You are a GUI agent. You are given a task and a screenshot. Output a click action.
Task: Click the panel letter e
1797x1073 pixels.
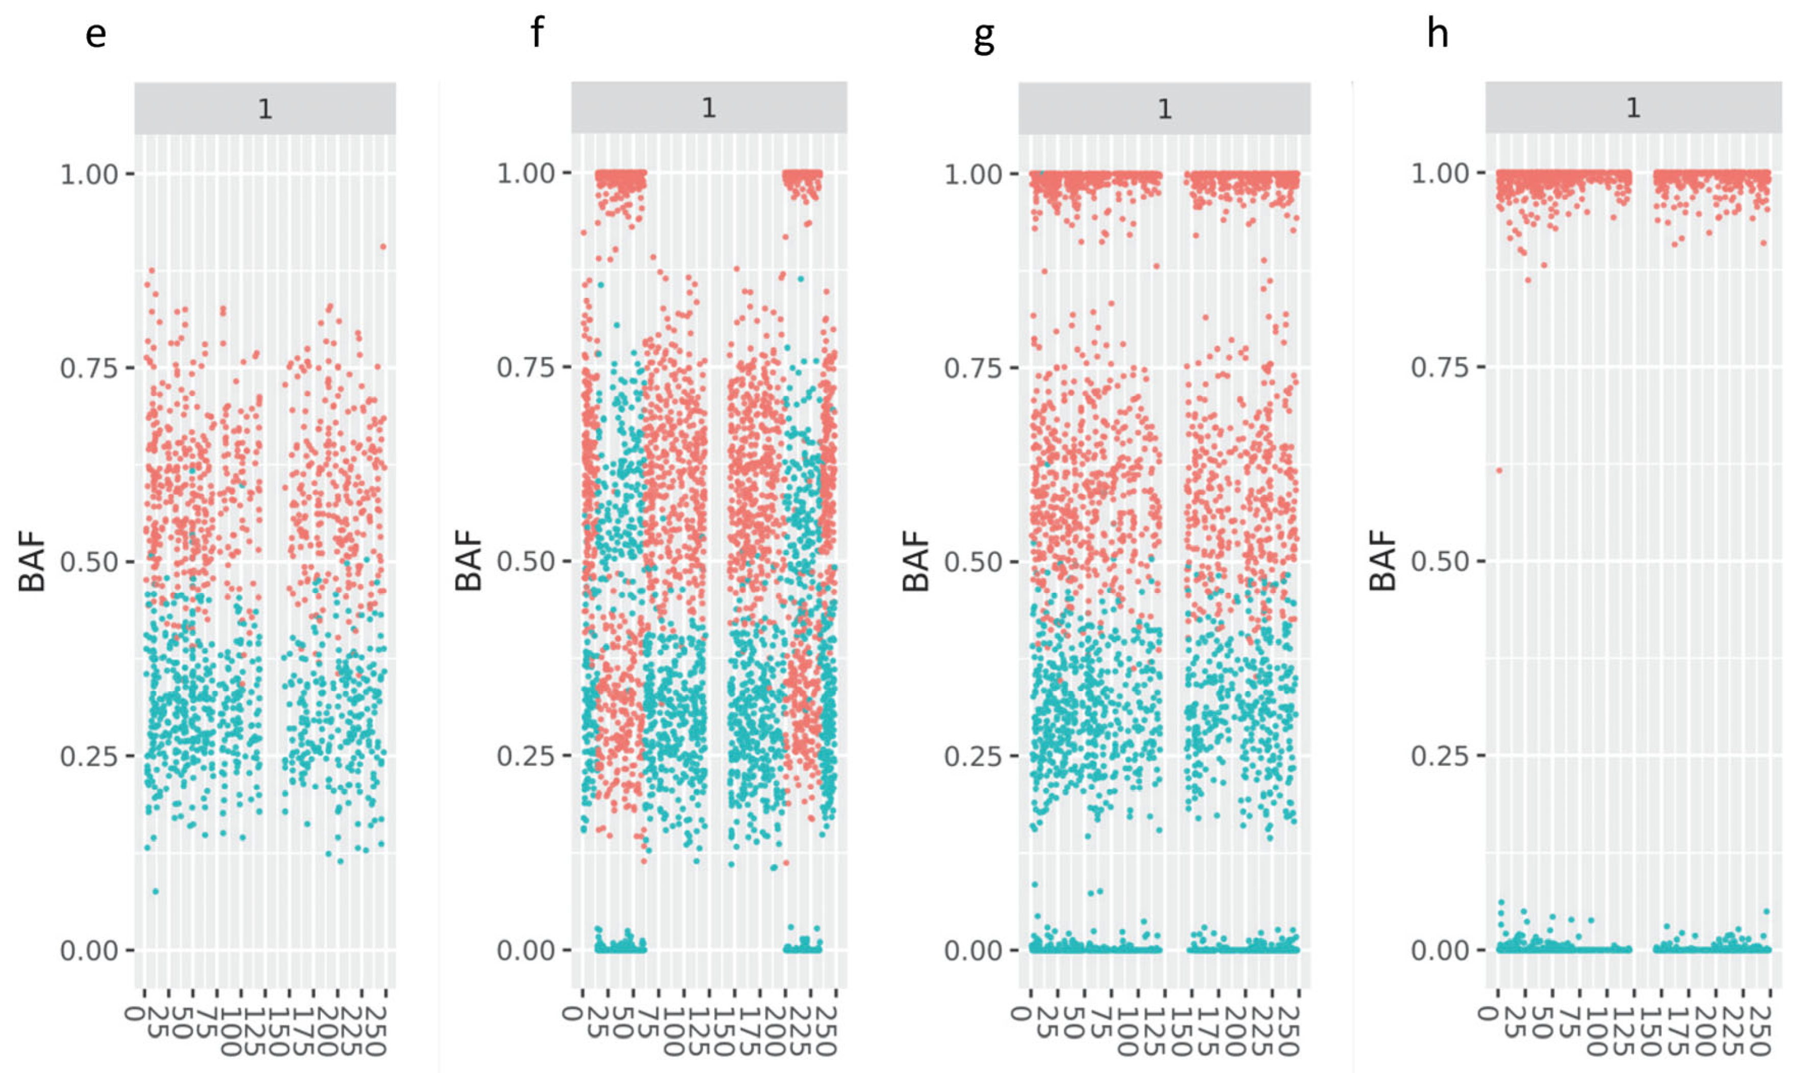coord(95,34)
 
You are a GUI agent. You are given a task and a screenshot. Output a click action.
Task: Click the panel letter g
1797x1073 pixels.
coord(984,36)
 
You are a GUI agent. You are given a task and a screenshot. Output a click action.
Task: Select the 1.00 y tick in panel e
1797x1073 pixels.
coord(88,174)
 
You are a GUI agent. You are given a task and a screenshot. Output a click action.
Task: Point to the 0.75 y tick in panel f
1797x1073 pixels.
coord(525,367)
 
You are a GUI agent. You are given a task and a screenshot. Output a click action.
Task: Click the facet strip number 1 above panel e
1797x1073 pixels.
coord(265,109)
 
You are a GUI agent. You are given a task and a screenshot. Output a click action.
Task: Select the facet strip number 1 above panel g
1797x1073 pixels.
coord(1164,109)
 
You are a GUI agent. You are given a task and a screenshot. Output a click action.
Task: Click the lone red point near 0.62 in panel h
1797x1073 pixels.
coord(1499,471)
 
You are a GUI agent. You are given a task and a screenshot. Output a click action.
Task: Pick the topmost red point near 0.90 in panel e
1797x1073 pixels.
coord(382,247)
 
